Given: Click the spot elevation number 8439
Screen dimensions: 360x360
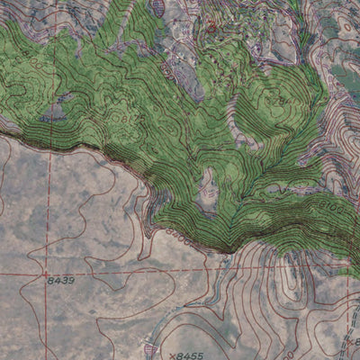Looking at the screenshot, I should (61, 281).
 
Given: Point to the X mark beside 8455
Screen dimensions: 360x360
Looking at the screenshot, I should (170, 355).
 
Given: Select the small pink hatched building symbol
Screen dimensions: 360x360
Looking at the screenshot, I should (151, 347).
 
